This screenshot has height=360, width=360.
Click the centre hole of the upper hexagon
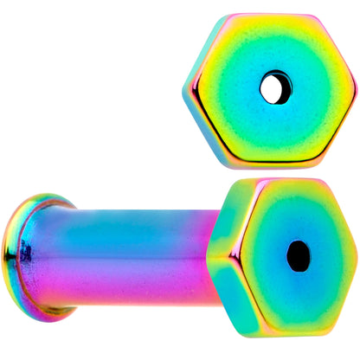pos(275,88)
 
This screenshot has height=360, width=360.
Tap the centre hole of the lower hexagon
pos(299,255)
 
